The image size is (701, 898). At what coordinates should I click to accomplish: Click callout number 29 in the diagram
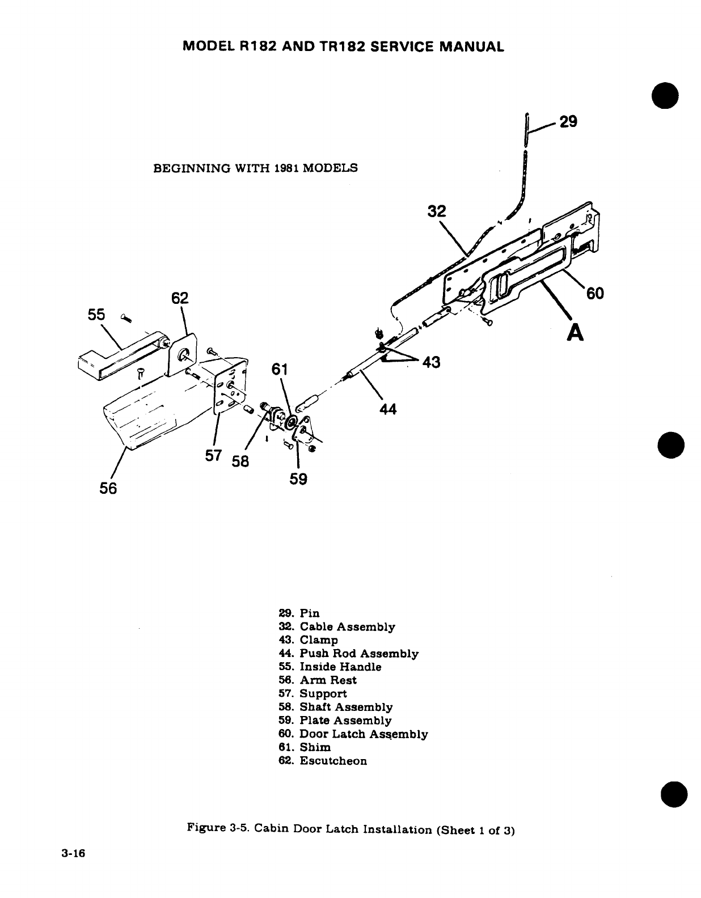[568, 122]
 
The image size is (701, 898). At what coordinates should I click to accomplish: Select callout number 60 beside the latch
[595, 293]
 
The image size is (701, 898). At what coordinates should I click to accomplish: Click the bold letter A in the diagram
[576, 334]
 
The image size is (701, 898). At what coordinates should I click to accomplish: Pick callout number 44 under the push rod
[388, 408]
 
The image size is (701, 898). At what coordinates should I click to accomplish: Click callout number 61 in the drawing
[280, 370]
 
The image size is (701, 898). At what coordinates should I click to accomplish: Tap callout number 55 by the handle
[96, 315]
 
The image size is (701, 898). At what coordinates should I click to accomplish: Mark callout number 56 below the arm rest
[108, 488]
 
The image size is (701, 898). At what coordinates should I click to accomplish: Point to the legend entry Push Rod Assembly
[358, 654]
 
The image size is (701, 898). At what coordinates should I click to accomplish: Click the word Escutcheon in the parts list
[333, 761]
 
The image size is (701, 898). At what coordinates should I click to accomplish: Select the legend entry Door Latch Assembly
[363, 734]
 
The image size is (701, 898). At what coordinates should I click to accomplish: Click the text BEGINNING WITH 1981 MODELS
[256, 168]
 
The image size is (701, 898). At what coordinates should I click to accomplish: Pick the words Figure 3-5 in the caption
[218, 829]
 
